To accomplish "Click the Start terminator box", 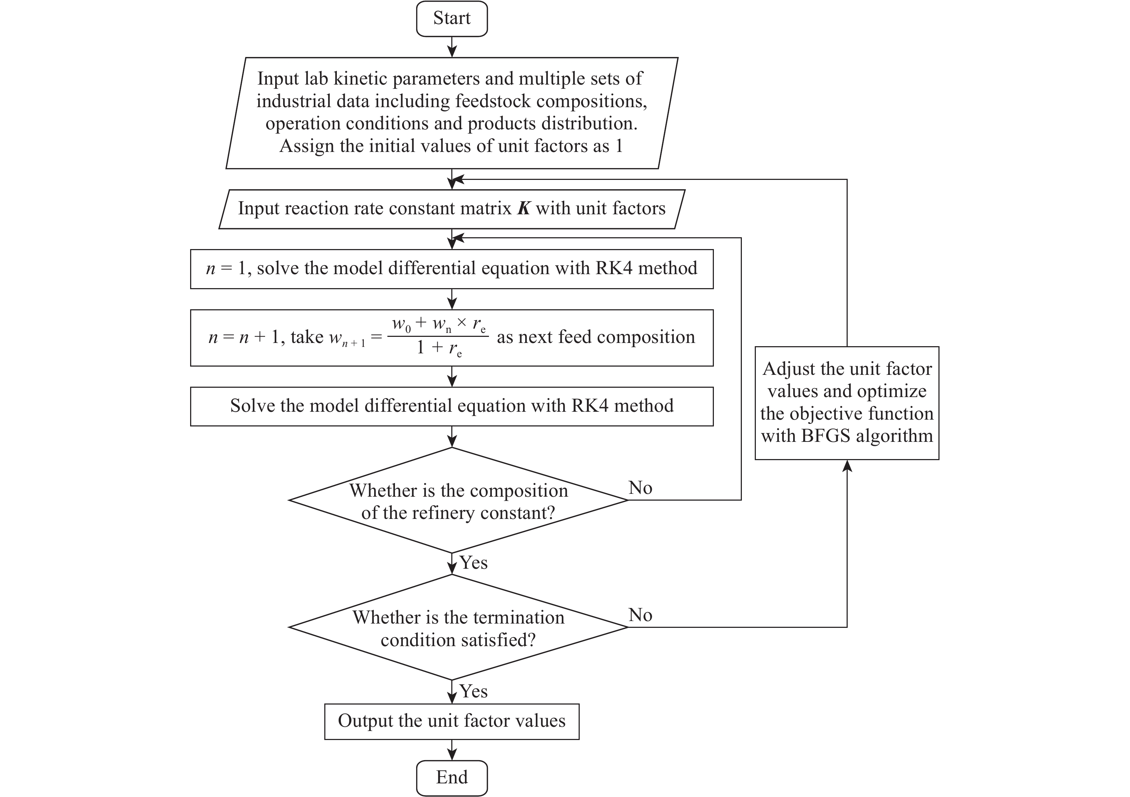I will coord(451,19).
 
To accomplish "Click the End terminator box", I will coord(451,777).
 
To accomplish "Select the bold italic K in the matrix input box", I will coord(524,209).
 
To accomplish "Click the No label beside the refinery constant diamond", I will coord(640,488).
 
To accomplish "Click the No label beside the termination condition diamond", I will coord(640,615).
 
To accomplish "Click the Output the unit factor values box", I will coord(451,721).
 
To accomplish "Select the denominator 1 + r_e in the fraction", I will coord(438,348).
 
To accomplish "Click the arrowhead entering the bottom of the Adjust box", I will coord(847,466).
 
